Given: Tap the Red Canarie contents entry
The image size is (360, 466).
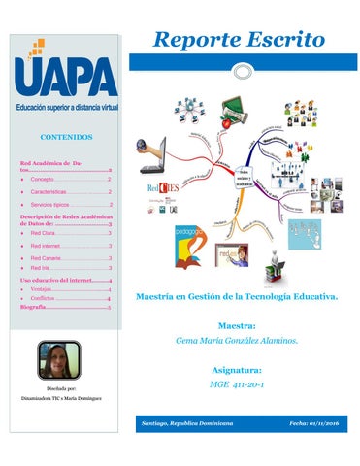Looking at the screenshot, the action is click(48, 259).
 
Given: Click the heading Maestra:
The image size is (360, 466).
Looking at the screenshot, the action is click(238, 326).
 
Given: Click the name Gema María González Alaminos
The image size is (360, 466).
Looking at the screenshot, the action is click(238, 342).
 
